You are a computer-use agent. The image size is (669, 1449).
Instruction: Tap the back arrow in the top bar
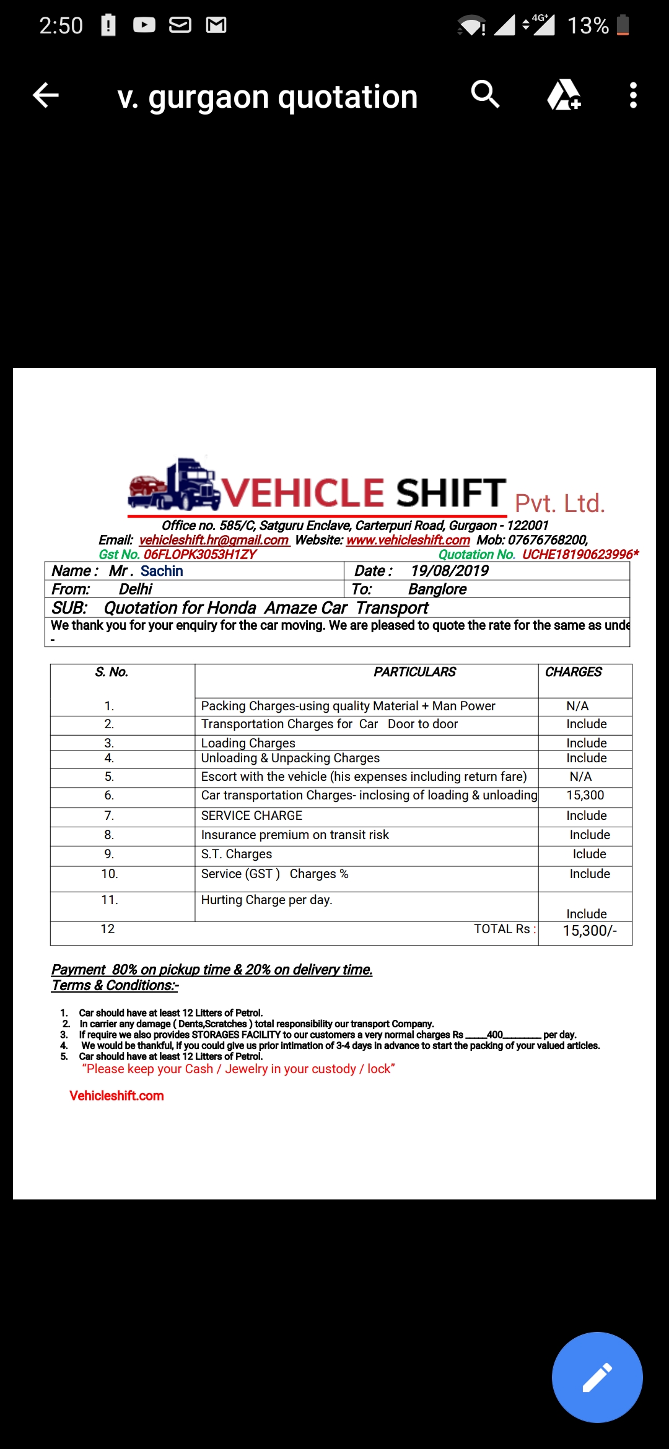[x=46, y=95]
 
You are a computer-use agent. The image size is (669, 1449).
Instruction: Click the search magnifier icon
[x=485, y=95]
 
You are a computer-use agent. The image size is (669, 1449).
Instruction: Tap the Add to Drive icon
[x=564, y=95]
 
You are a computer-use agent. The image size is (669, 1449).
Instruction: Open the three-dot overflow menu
[x=632, y=95]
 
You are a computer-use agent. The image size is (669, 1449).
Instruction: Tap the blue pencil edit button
[x=597, y=1377]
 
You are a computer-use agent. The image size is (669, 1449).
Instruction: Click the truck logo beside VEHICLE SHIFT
[x=174, y=484]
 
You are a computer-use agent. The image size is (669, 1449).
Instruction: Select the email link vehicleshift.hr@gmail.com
[x=214, y=540]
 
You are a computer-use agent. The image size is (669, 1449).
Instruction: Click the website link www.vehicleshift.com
[x=408, y=540]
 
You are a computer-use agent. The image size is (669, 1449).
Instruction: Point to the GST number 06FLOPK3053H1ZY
[x=199, y=555]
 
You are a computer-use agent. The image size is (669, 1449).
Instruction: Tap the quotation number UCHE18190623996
[x=577, y=555]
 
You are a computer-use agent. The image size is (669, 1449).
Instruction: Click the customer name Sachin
[x=162, y=571]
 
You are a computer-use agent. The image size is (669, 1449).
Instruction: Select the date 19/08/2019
[x=449, y=571]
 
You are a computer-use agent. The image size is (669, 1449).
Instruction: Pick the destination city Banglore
[x=437, y=590]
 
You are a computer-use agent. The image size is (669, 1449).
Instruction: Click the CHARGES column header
[x=573, y=672]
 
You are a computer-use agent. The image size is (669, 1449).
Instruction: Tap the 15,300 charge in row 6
[x=585, y=795]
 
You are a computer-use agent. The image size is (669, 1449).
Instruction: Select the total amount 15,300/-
[x=589, y=931]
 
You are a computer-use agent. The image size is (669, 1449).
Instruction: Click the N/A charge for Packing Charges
[x=577, y=706]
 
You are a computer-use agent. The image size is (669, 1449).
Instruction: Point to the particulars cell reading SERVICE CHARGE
[x=251, y=816]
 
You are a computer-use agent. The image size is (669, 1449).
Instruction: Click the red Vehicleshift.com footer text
[x=116, y=1095]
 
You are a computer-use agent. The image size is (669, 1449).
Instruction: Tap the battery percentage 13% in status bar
[x=588, y=25]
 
